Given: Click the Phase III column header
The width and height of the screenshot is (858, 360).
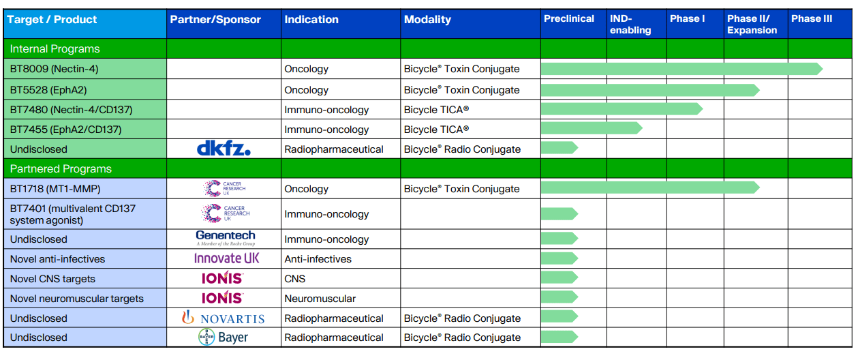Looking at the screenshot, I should (811, 19).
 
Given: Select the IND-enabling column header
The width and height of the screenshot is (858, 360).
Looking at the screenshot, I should (630, 25).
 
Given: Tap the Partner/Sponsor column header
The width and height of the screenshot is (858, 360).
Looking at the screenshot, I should (215, 20).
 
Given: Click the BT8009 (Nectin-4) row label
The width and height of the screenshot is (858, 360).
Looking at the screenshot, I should (55, 69).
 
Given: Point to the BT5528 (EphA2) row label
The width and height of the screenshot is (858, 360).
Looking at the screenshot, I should (48, 90).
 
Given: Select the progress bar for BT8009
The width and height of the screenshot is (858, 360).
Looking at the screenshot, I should (681, 69).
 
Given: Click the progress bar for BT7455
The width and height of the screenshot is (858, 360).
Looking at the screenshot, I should (591, 128).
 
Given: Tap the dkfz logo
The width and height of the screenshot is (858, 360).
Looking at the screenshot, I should (224, 149).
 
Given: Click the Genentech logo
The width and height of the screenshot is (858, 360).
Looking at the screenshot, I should (226, 237).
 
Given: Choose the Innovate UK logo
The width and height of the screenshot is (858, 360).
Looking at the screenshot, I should (227, 258).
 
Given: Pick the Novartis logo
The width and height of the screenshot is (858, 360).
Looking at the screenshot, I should (223, 318).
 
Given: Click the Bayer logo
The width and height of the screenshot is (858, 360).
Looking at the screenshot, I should (223, 337).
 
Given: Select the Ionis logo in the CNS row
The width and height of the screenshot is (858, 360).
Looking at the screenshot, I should (222, 278).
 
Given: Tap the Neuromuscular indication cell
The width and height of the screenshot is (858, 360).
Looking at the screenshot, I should (320, 299).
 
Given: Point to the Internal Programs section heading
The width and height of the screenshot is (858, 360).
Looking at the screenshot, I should (55, 49).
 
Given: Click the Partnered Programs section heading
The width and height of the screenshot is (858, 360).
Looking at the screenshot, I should (61, 168).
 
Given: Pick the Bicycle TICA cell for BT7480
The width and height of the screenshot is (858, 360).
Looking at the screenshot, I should (436, 110).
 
